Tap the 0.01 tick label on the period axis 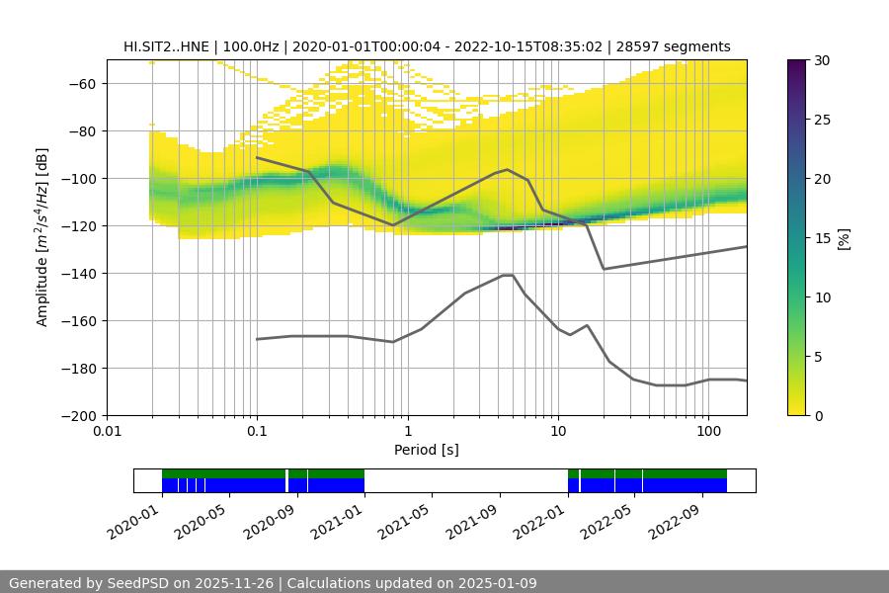pyautogui.click(x=107, y=432)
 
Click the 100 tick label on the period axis pyautogui.click(x=707, y=432)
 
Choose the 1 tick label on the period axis pyautogui.click(x=407, y=432)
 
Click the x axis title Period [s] pyautogui.click(x=426, y=451)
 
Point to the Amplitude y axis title pyautogui.click(x=41, y=237)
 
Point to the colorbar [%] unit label pyautogui.click(x=844, y=238)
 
